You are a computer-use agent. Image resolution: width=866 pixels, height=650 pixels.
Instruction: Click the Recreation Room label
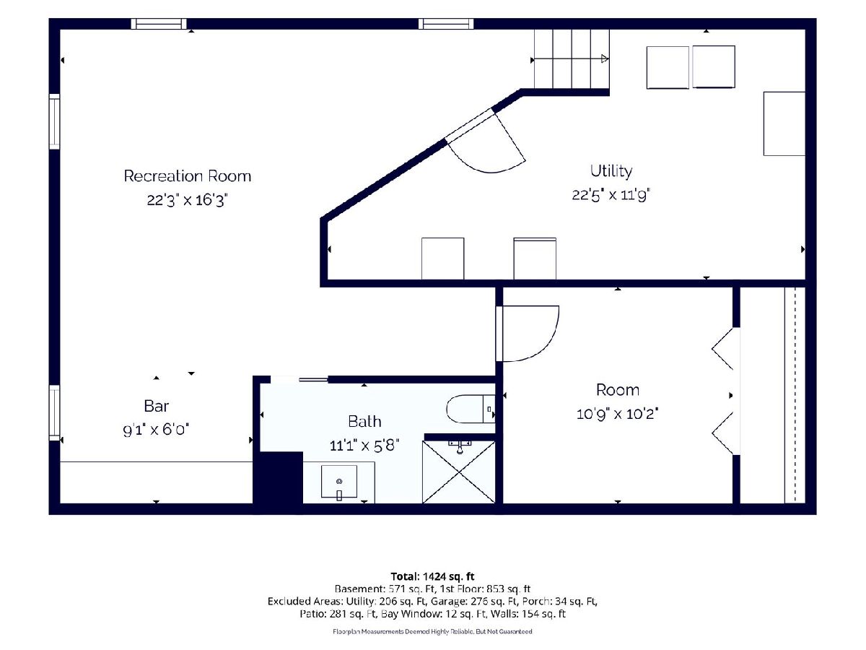188,176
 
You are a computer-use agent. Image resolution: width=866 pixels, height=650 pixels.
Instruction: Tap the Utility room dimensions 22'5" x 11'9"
611,195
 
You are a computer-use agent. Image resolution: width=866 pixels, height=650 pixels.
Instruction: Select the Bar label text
157,406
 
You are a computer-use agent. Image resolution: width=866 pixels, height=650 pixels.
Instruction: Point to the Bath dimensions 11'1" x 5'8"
364,446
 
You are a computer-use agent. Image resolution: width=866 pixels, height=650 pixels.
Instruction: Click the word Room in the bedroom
618,390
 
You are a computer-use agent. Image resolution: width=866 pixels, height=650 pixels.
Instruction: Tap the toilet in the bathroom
471,409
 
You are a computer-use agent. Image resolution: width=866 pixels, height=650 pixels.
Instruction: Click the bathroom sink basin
339,482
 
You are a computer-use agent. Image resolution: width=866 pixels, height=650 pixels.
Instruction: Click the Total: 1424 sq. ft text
432,576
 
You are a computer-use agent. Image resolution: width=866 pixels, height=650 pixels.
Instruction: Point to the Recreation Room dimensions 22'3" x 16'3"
188,200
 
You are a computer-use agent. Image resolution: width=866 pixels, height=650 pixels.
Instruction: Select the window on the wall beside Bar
54,413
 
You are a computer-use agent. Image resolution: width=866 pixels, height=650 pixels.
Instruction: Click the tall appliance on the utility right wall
784,123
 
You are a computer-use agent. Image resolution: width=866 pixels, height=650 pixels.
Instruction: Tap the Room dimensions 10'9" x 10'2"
618,414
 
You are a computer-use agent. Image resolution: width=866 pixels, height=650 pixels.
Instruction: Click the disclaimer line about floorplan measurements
432,631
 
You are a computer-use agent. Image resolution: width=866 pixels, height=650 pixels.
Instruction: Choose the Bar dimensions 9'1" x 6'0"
156,430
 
